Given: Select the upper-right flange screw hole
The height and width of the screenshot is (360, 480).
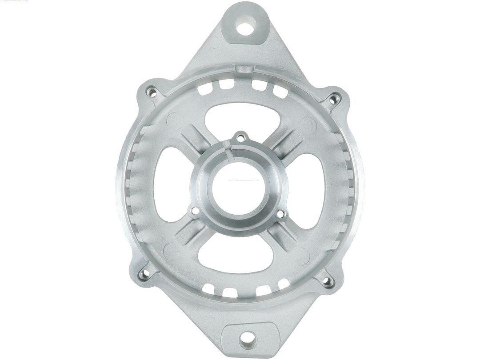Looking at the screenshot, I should click(x=334, y=99).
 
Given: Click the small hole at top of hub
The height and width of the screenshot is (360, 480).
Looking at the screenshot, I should click(x=240, y=138).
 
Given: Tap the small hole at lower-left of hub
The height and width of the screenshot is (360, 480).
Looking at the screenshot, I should click(x=194, y=212).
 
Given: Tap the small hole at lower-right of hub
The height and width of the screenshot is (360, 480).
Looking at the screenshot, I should click(x=280, y=215).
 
